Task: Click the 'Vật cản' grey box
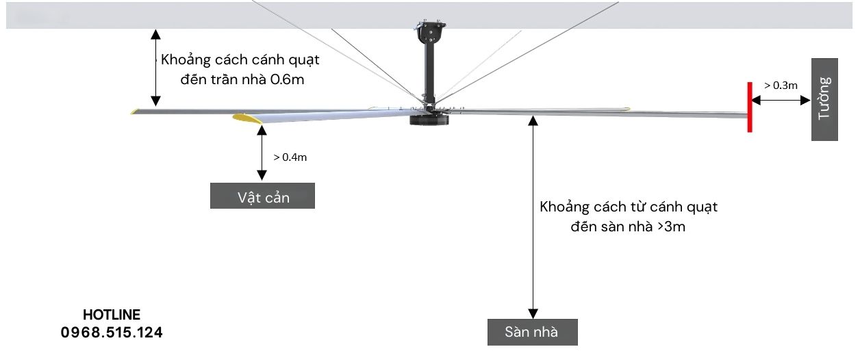(263, 196)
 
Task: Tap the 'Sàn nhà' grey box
(532, 332)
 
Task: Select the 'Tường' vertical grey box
(824, 99)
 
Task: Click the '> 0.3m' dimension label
(781, 86)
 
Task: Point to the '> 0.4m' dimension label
(290, 157)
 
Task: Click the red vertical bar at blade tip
(750, 106)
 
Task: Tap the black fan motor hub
(429, 120)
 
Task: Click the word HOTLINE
(112, 315)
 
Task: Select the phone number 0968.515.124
(112, 333)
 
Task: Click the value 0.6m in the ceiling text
(287, 79)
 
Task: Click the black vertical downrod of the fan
(429, 72)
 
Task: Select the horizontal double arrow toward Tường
(781, 100)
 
